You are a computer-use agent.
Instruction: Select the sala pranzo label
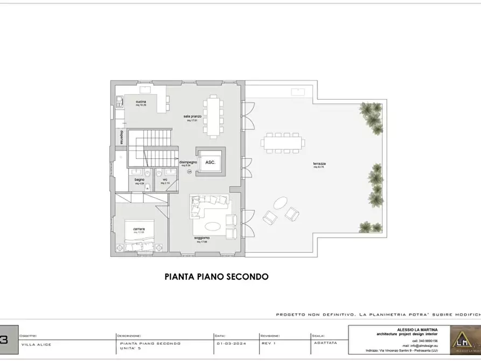[192, 117]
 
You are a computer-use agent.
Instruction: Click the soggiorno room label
[203, 238]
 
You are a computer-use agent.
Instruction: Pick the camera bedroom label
[139, 229]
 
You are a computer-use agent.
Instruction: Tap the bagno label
[140, 179]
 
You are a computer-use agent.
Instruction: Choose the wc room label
[166, 179]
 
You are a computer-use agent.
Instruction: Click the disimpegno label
[188, 162]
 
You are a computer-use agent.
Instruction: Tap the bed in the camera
[139, 235]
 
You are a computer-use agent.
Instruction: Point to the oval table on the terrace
[281, 204]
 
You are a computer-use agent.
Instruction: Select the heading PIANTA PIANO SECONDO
[216, 277]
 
